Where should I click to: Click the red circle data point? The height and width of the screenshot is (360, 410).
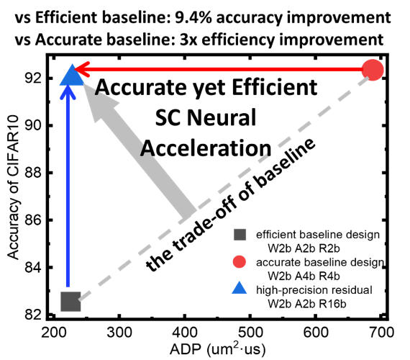click(x=373, y=70)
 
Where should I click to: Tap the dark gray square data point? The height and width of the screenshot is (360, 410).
click(x=70, y=302)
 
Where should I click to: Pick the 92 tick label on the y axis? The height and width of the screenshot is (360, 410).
click(x=34, y=78)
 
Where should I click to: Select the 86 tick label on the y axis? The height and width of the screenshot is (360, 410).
click(x=34, y=220)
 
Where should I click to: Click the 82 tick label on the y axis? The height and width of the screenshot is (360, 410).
click(x=34, y=315)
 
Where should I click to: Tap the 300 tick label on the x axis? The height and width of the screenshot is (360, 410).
click(x=119, y=333)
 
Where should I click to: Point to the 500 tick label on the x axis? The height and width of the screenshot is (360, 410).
click(x=250, y=333)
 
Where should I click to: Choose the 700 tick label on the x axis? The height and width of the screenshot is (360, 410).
click(x=381, y=333)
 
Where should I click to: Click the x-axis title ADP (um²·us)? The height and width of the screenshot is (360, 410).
click(x=217, y=349)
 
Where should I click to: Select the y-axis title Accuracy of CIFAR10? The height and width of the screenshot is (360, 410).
click(x=13, y=187)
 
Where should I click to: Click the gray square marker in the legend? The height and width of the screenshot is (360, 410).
click(x=240, y=235)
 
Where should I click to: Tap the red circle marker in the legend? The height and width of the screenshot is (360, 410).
click(x=240, y=262)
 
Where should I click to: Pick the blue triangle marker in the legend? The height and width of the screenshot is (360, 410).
click(x=240, y=289)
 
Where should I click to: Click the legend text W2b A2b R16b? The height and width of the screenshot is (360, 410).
click(x=307, y=304)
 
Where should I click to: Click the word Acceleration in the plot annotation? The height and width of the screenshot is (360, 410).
click(x=206, y=148)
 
